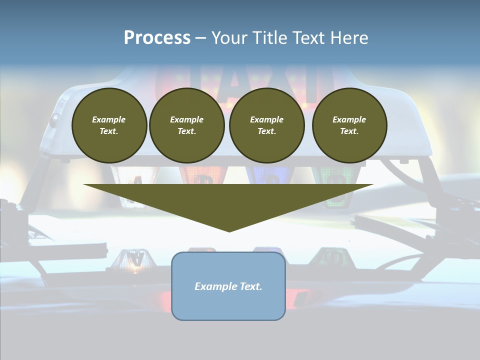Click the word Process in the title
point(157,38)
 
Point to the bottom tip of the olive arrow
point(229,230)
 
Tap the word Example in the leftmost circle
point(109,119)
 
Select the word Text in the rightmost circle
point(348,131)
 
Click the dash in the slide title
point(201,38)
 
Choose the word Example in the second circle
point(187,119)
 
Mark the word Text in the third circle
point(266,131)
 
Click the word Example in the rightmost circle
point(349,119)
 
